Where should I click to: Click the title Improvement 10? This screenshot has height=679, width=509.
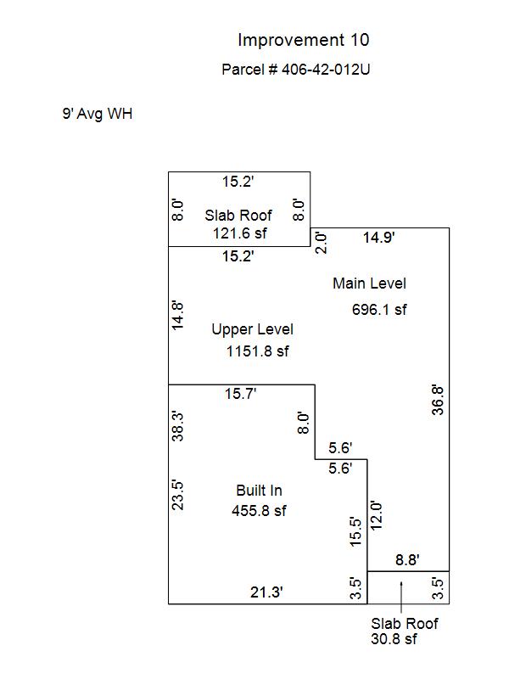click(304, 40)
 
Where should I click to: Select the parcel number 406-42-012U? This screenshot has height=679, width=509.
click(326, 70)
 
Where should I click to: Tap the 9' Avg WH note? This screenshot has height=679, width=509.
click(98, 114)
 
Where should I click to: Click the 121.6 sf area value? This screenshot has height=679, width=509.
click(240, 233)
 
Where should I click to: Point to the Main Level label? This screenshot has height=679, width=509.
click(369, 283)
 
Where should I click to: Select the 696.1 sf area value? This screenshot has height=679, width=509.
click(379, 310)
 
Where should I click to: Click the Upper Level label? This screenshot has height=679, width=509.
click(252, 329)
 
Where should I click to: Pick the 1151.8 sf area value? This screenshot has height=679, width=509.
click(258, 351)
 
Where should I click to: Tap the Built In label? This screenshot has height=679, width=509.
click(259, 491)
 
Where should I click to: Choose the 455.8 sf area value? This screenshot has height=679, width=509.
click(259, 511)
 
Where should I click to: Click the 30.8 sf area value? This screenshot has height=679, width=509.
click(394, 639)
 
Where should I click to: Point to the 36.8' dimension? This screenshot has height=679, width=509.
click(438, 401)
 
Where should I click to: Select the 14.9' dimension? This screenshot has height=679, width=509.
click(378, 238)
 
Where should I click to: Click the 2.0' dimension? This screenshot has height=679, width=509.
click(321, 243)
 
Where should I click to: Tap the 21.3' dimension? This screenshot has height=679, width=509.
click(266, 592)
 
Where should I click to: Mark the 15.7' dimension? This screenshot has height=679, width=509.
click(241, 394)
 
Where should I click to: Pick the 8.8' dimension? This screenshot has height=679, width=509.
click(407, 560)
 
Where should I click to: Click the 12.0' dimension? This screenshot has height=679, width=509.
click(376, 516)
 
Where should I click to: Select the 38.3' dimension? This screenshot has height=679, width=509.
click(178, 427)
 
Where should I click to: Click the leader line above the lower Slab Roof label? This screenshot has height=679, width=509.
click(401, 598)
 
